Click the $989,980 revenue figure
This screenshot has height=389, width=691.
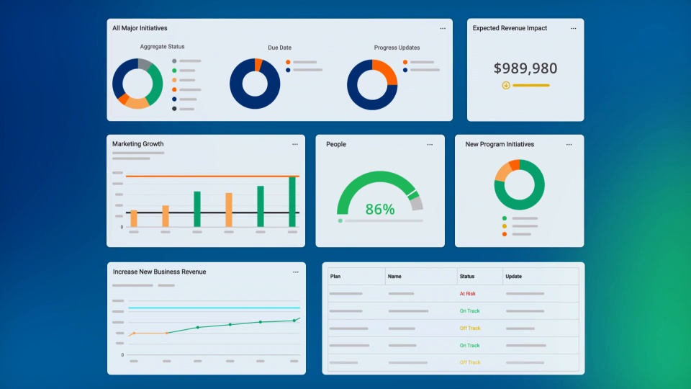tap(525, 68)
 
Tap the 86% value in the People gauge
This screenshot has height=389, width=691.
tap(379, 210)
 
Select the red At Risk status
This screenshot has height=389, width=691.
tap(468, 294)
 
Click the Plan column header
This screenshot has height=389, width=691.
tap(335, 277)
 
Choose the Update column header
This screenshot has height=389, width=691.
tap(513, 277)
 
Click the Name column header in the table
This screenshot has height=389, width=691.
tap(394, 277)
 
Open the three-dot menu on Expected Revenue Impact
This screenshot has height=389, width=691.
tap(573, 29)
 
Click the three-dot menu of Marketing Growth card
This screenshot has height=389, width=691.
tap(294, 144)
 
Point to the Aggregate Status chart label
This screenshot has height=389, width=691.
tap(162, 47)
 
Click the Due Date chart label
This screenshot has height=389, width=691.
tap(279, 48)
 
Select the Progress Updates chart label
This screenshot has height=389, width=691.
tap(397, 48)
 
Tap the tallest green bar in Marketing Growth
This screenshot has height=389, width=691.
tap(292, 202)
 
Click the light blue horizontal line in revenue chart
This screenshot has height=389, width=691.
tap(216, 308)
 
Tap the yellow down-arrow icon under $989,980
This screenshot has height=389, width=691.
tap(506, 85)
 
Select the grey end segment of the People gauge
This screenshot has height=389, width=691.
tap(416, 204)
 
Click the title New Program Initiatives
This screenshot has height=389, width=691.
tap(500, 144)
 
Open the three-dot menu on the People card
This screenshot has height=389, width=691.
tap(430, 144)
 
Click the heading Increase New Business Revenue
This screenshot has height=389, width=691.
tap(159, 272)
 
